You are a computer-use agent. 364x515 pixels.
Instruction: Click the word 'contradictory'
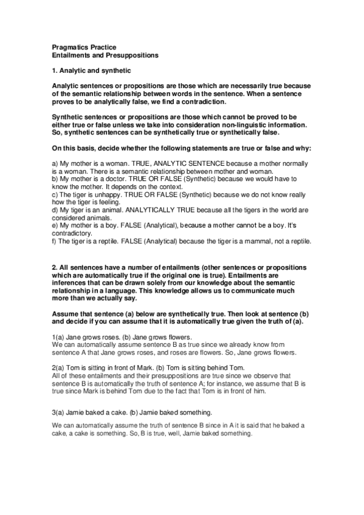tap(72, 233)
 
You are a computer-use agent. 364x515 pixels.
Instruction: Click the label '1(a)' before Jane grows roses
tap(58, 337)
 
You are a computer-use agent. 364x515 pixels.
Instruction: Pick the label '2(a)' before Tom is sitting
tap(58, 368)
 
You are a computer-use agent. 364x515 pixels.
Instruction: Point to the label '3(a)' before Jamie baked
tap(58, 412)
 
